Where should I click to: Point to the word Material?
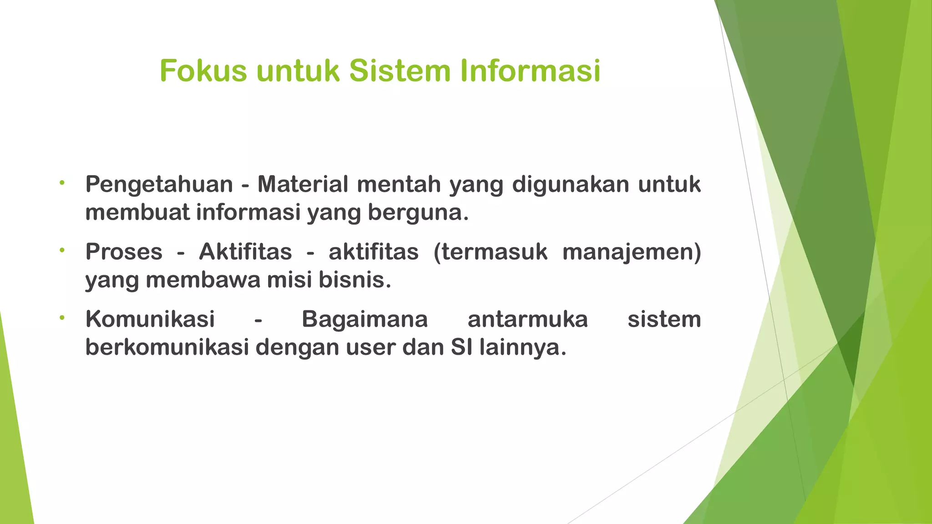tap(303, 184)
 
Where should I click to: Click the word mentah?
tap(399, 184)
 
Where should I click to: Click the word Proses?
tap(124, 252)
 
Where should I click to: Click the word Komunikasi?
tap(150, 319)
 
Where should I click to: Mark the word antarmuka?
tap(528, 319)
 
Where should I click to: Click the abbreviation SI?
tap(462, 348)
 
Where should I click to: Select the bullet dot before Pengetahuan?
tap(62, 183)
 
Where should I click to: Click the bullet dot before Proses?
tap(62, 250)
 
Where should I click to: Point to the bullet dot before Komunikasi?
tap(62, 317)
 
